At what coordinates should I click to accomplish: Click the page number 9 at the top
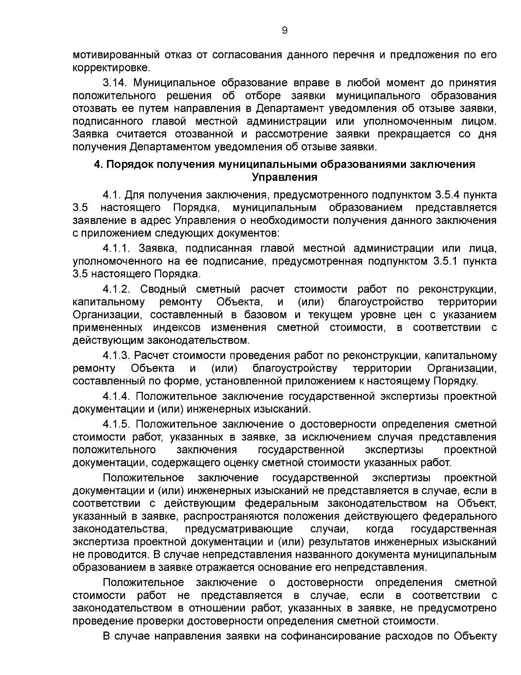point(284,30)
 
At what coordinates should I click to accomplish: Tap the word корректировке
point(111,68)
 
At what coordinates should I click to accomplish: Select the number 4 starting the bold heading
point(98,164)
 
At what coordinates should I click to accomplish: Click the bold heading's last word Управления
point(284,177)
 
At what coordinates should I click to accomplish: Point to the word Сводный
point(164,289)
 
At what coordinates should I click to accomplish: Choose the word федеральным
point(281,504)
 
